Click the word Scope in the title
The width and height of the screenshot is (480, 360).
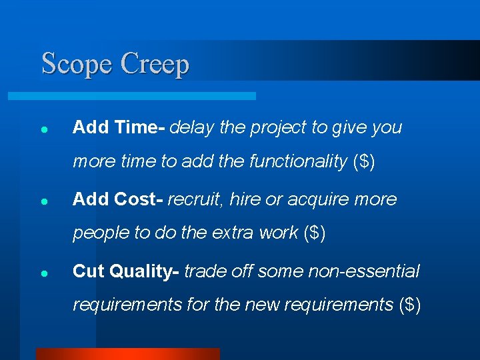coord(77,65)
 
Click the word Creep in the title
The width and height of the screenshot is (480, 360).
coord(155,65)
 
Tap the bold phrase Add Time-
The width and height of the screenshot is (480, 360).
coord(119,127)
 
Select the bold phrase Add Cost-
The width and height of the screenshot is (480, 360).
coord(118,199)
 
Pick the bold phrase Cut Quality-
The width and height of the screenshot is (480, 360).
coord(126,271)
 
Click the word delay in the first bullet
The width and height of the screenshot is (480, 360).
coord(192,127)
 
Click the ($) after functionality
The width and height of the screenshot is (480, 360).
coord(364,161)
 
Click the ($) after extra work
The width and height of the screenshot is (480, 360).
coord(314,233)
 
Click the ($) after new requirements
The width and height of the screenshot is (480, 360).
coord(409,305)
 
